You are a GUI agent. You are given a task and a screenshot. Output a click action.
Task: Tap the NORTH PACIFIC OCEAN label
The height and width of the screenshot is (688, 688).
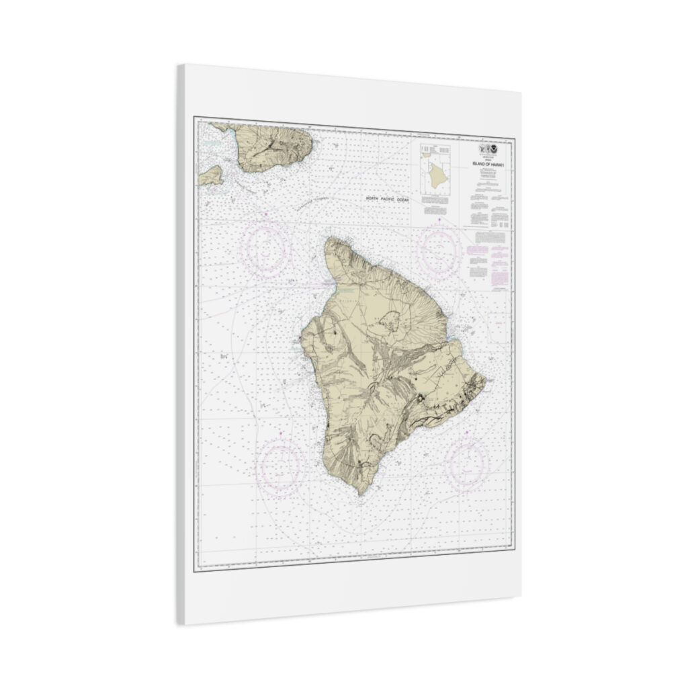[x=391, y=199]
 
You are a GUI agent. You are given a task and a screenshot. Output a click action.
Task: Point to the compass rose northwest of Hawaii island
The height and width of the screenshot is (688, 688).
[x=267, y=249]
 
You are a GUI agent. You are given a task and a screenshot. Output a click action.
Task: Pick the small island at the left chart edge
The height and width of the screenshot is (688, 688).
[x=211, y=176]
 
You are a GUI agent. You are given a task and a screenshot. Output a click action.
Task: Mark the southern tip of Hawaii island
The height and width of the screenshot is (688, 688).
[x=363, y=494]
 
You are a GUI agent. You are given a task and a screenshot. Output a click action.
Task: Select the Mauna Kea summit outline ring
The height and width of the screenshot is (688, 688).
[x=388, y=323]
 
